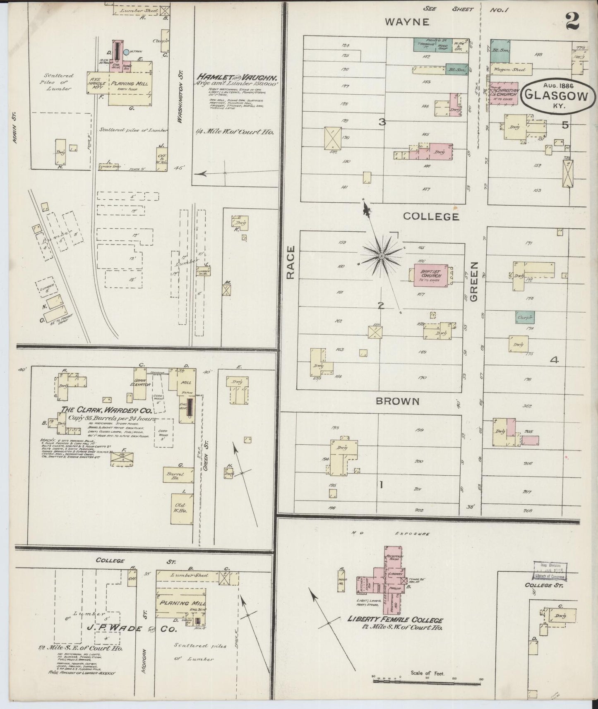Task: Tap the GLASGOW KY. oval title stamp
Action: (x=556, y=96)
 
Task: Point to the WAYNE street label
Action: (x=407, y=22)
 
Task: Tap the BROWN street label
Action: (x=398, y=401)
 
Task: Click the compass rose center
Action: (x=381, y=257)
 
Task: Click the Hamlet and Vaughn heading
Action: (x=237, y=77)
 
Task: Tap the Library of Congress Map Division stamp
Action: (x=549, y=572)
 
